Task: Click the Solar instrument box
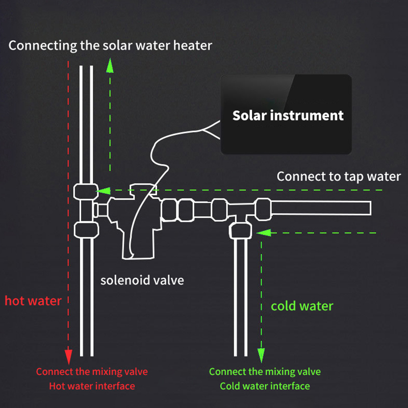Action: pyautogui.click(x=286, y=114)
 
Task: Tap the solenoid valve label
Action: pyautogui.click(x=142, y=280)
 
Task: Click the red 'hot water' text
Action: pyautogui.click(x=33, y=300)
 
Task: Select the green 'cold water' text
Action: pyautogui.click(x=302, y=306)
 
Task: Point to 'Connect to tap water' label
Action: pyautogui.click(x=339, y=176)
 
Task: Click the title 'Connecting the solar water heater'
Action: pyautogui.click(x=110, y=45)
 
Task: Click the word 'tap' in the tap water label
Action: pyautogui.click(x=350, y=176)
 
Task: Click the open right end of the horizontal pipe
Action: pyautogui.click(x=368, y=209)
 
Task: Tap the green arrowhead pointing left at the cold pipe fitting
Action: pyautogui.click(x=261, y=233)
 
